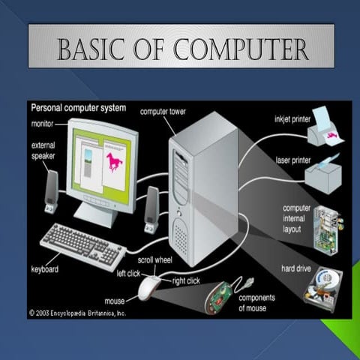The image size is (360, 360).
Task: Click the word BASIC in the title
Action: click(x=94, y=50)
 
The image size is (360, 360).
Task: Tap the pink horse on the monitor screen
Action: click(x=115, y=160)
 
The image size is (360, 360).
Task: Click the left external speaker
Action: click(x=52, y=189)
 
